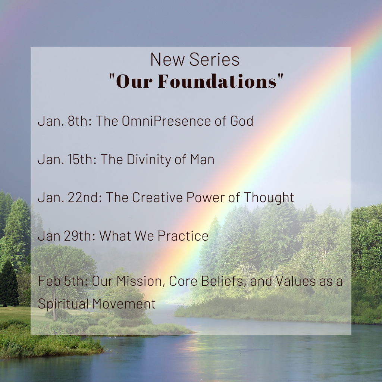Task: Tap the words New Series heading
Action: click(x=195, y=60)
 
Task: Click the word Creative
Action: click(x=157, y=198)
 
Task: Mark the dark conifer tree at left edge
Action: click(x=8, y=284)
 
